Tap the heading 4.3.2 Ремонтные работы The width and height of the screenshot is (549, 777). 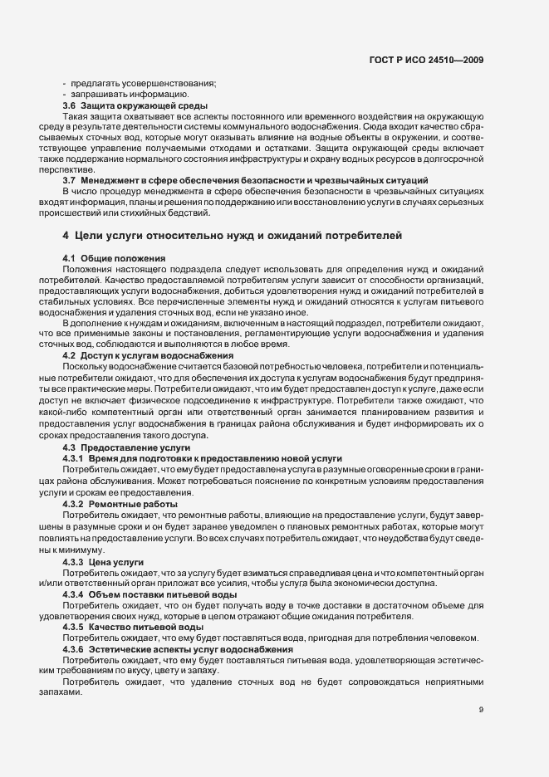click(120, 504)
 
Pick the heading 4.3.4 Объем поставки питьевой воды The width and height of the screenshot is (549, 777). click(143, 594)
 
